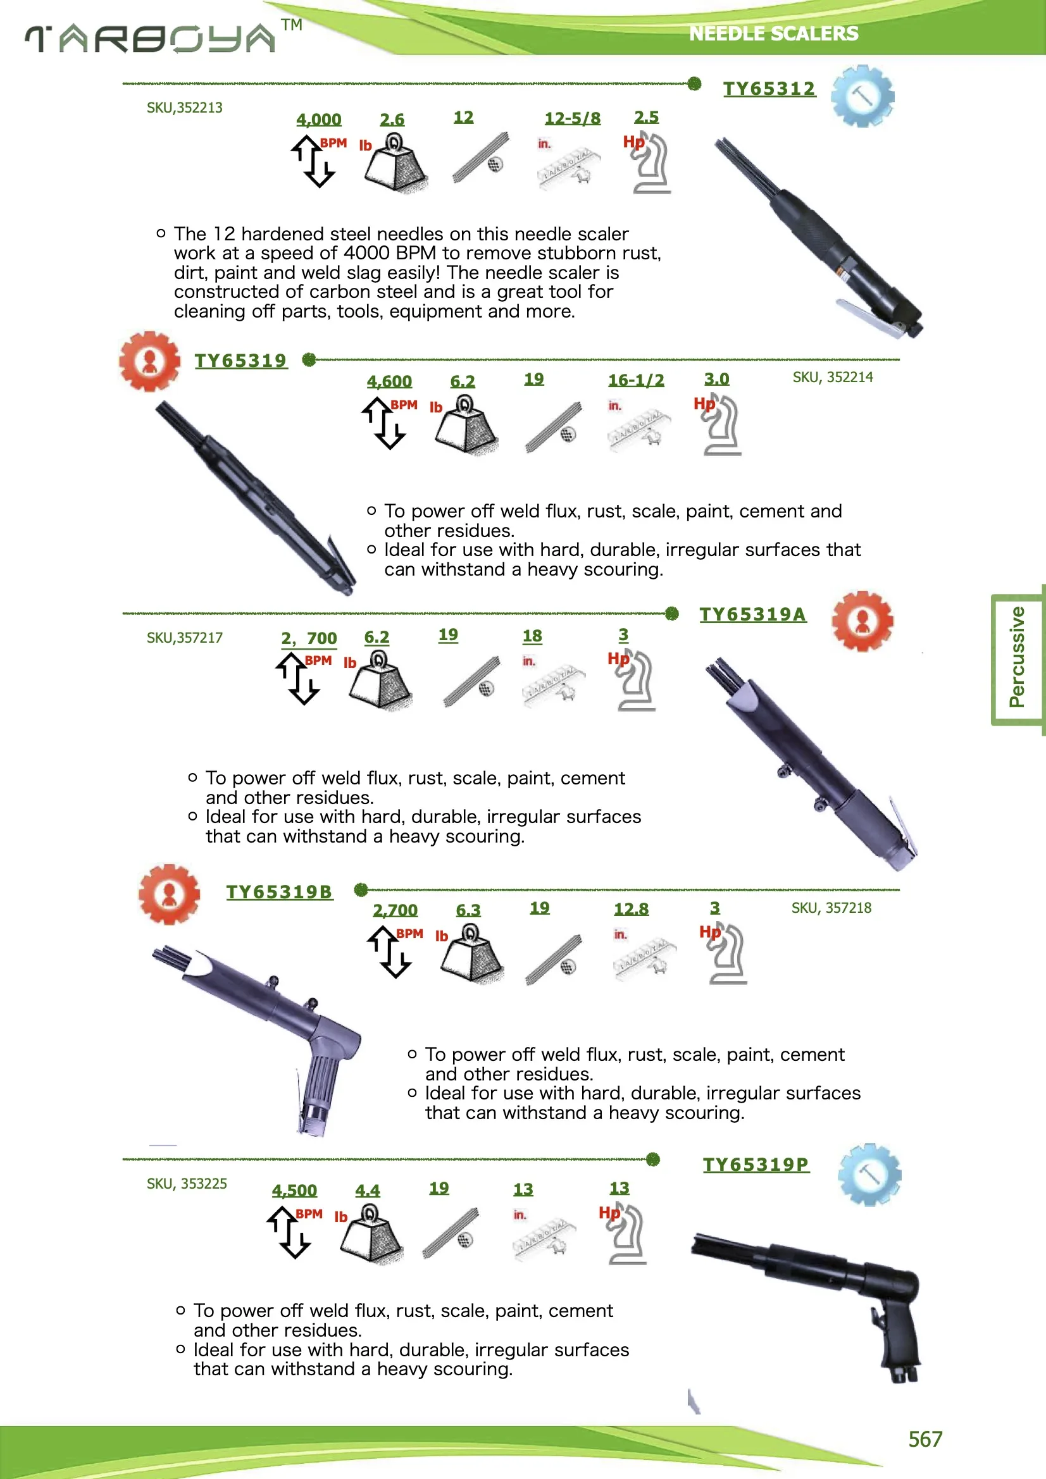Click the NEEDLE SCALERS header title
[x=773, y=34]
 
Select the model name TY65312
[x=769, y=89]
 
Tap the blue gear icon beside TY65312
[x=862, y=97]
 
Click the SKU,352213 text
[x=184, y=108]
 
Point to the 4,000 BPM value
[x=318, y=120]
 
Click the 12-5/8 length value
[x=572, y=118]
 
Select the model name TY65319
[x=240, y=361]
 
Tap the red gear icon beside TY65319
[x=149, y=361]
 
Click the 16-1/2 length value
[x=635, y=380]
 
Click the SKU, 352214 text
[x=832, y=378]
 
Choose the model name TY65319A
[x=752, y=614]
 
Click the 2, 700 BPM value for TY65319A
[x=309, y=638]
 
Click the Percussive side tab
[x=1017, y=657]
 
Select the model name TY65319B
[x=279, y=892]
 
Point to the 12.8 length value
[x=630, y=909]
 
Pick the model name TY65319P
[x=756, y=1165]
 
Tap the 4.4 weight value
[x=368, y=1191]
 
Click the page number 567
[x=925, y=1439]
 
